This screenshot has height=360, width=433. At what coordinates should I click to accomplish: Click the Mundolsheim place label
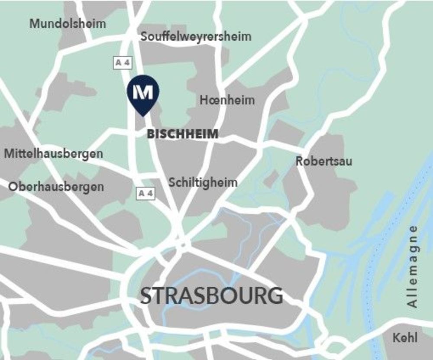pos(68,24)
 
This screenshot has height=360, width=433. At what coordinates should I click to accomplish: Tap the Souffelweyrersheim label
pos(196,37)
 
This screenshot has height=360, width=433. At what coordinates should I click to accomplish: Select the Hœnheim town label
pos(227,101)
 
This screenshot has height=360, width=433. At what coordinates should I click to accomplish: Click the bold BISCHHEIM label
pos(183,134)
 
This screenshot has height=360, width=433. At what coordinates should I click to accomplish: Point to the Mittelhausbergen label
pos(54,154)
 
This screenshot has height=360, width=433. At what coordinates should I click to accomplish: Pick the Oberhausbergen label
pos(56,187)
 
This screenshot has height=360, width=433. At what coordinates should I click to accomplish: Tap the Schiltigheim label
pos(203,182)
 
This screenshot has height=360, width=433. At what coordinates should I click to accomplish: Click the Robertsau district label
pos(324,162)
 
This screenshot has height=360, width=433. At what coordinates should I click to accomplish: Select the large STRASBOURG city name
pos(212,296)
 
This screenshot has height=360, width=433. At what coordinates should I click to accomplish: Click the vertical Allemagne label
pos(413,266)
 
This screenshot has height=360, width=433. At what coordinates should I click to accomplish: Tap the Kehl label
pos(405,338)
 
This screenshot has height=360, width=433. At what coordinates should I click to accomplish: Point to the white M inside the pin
pos(143,91)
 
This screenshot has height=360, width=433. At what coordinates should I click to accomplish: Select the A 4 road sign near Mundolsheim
pos(122,63)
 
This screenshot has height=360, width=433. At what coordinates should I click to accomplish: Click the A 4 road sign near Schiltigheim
pos(145,194)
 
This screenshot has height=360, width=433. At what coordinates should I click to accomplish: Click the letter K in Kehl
pos(396,338)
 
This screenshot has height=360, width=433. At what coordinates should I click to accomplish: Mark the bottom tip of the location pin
pos(143,115)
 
